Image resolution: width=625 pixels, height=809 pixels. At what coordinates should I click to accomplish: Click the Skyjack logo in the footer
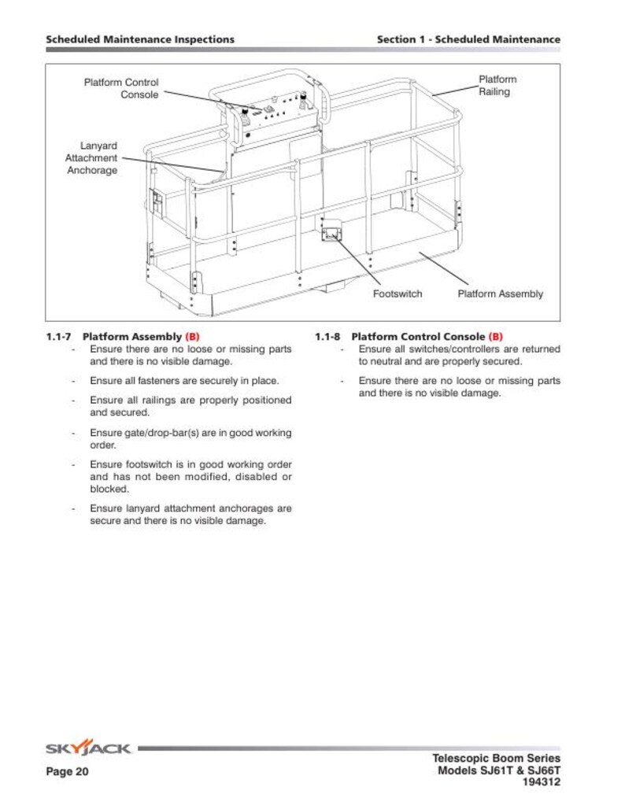pyautogui.click(x=88, y=748)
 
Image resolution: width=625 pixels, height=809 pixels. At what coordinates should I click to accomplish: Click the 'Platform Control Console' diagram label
pyautogui.click(x=121, y=88)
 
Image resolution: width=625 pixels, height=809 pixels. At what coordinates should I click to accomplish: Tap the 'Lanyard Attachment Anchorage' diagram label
pyautogui.click(x=91, y=158)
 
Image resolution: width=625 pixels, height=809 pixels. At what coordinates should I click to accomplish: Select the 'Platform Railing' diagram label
pyautogui.click(x=497, y=85)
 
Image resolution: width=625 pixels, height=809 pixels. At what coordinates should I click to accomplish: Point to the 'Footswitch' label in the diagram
pyautogui.click(x=397, y=294)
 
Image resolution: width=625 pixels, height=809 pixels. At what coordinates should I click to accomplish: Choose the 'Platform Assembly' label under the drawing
pyautogui.click(x=500, y=294)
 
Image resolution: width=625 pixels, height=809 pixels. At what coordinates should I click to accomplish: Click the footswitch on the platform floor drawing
pyautogui.click(x=331, y=234)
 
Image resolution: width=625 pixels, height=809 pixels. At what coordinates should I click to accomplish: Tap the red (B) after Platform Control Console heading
pyautogui.click(x=495, y=337)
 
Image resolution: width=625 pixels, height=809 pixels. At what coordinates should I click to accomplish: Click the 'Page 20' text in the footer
pyautogui.click(x=67, y=772)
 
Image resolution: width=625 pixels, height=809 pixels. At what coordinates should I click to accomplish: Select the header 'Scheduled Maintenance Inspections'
pyautogui.click(x=140, y=39)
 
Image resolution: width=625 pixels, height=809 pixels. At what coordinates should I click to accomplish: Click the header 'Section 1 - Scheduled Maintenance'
pyautogui.click(x=468, y=39)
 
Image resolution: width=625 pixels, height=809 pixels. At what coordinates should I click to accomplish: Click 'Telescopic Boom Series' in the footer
pyautogui.click(x=497, y=758)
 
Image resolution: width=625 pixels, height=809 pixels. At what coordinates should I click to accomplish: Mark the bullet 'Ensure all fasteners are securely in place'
pyautogui.click(x=184, y=381)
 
